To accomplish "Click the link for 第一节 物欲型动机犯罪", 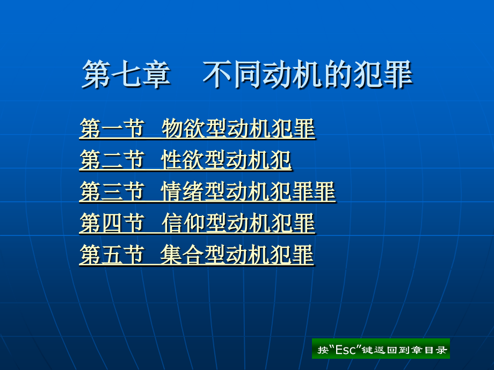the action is (197, 128).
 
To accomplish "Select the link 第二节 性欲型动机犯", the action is (186, 160).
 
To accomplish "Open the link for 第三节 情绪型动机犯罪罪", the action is (208, 191).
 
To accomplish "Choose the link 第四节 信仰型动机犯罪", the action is (197, 223).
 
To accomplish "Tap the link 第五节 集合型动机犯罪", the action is (197, 255).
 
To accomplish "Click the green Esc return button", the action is (381, 349).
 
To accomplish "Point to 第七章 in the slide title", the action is (126, 74).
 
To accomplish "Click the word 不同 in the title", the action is (231, 74).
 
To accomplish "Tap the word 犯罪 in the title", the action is (383, 74).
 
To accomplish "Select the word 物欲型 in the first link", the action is (194, 128).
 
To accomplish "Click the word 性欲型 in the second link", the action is (193, 160).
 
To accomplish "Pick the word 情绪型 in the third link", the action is (193, 191).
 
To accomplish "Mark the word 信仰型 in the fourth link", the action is (194, 223).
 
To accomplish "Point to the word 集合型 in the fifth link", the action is (193, 255).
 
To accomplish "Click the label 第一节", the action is (112, 128).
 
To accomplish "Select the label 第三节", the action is (112, 191).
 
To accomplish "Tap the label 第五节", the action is (112, 255).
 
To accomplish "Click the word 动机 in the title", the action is (291, 74).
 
